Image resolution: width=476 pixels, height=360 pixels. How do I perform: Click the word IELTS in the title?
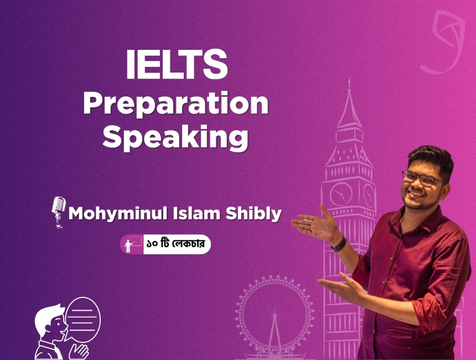177,64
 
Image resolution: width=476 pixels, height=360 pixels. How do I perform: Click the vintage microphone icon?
59,212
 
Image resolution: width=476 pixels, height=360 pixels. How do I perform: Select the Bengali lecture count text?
175,244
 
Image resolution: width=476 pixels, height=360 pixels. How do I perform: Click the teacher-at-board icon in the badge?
133,244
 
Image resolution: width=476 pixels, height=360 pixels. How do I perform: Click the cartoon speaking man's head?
51,322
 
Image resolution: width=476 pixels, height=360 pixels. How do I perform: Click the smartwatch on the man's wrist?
339,244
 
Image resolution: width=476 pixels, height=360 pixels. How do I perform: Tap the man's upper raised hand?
315,224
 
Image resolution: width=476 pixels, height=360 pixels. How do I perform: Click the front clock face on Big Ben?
340,193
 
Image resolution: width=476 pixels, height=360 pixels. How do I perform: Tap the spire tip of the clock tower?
349,80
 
